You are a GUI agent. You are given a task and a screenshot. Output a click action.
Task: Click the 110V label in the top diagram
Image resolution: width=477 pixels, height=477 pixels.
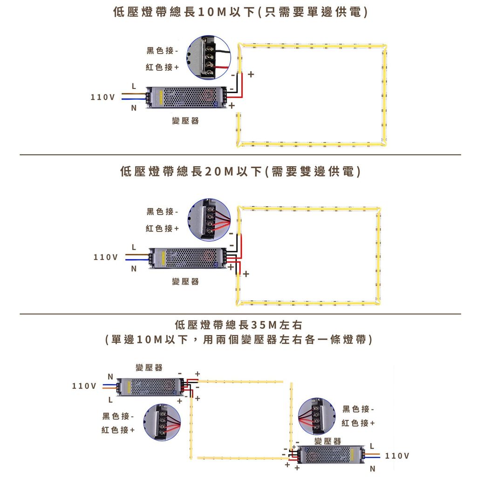pyautogui.click(x=102, y=97)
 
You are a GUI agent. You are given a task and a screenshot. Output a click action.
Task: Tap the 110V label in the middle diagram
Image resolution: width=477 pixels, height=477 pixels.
pyautogui.click(x=106, y=257)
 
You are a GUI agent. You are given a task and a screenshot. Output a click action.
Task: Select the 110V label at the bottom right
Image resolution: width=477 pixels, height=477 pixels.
pyautogui.click(x=397, y=456)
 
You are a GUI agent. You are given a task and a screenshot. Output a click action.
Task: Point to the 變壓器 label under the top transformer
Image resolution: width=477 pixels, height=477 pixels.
pyautogui.click(x=185, y=121)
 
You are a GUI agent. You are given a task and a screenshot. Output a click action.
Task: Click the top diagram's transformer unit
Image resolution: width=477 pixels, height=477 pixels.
pyautogui.click(x=186, y=97)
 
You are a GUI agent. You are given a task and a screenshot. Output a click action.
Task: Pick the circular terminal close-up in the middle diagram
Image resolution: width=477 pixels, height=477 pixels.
pyautogui.click(x=209, y=219)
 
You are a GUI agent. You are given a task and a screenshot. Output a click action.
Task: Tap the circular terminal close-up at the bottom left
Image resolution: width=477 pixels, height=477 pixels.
pyautogui.click(x=162, y=422)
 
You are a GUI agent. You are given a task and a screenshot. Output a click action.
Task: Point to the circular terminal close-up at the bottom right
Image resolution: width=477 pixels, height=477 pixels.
pyautogui.click(x=316, y=416)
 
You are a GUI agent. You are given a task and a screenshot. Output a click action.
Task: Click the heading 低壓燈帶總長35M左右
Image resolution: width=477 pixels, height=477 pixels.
pyautogui.click(x=238, y=325)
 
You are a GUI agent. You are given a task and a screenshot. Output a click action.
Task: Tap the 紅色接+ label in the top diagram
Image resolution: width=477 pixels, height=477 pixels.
pyautogui.click(x=163, y=68)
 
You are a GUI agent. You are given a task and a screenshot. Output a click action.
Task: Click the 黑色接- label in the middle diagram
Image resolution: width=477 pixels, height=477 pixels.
pyautogui.click(x=163, y=212)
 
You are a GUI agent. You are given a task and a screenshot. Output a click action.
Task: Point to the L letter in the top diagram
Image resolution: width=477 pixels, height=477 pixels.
pyautogui.click(x=134, y=87)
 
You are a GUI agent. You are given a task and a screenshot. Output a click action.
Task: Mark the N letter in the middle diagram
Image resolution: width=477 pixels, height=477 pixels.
pyautogui.click(x=134, y=269)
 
